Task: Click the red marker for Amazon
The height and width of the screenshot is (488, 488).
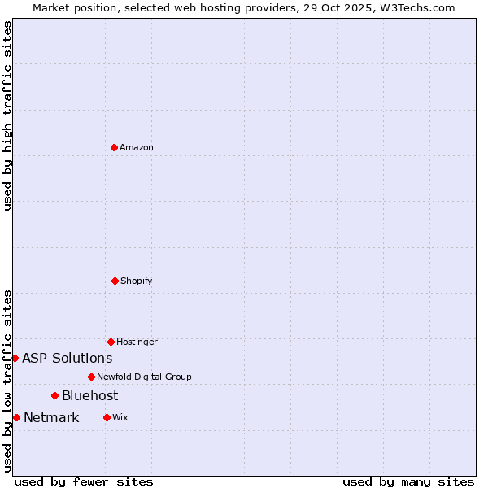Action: click(x=114, y=147)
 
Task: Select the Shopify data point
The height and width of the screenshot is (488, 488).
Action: click(x=115, y=281)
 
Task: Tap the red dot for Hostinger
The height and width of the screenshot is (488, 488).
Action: click(x=111, y=342)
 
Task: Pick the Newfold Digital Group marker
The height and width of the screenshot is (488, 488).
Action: click(x=91, y=377)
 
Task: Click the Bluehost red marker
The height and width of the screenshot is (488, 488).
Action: click(x=54, y=395)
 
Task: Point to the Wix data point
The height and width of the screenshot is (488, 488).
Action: click(x=107, y=417)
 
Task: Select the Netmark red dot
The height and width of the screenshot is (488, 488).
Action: click(x=16, y=417)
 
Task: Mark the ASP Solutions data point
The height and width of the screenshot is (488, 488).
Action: click(x=15, y=358)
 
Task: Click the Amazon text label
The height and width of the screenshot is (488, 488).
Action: click(x=137, y=147)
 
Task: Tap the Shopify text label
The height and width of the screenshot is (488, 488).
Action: click(x=137, y=281)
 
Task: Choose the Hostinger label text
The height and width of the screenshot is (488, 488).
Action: click(x=137, y=342)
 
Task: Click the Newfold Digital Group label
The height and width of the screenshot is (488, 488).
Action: click(x=144, y=377)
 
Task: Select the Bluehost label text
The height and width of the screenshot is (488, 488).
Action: click(x=89, y=395)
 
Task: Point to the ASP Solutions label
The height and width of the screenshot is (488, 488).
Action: click(x=67, y=358)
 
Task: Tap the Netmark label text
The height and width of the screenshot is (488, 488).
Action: click(x=51, y=417)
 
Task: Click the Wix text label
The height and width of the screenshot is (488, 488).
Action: click(x=120, y=417)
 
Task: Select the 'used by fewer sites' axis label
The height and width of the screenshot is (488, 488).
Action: click(x=84, y=481)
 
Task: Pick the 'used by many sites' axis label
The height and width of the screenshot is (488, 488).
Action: click(x=408, y=481)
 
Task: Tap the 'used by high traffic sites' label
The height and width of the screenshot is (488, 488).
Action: click(x=7, y=115)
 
